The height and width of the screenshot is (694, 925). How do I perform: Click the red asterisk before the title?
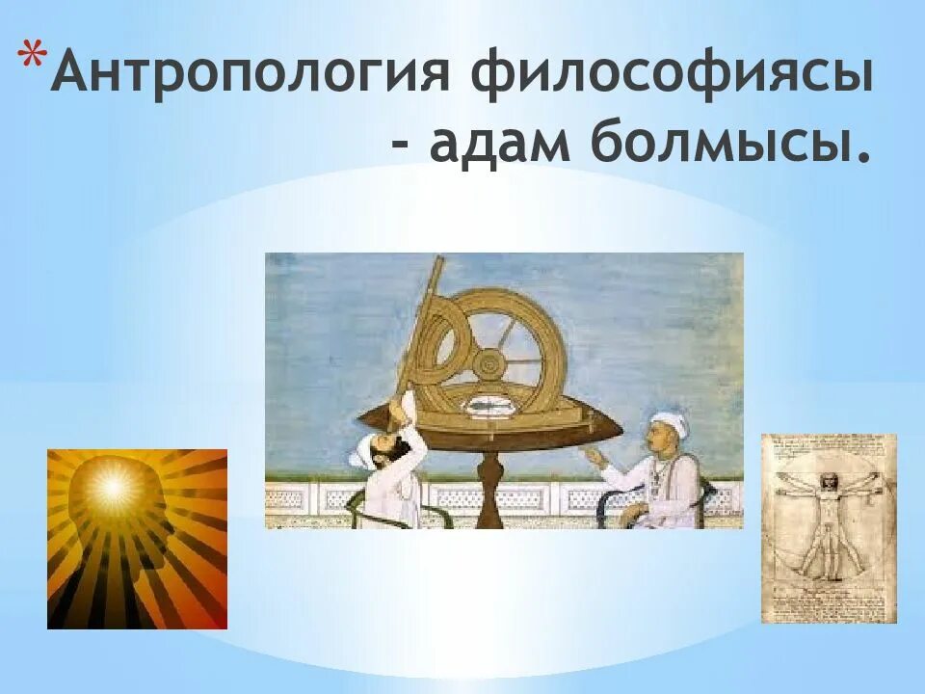click(33, 56)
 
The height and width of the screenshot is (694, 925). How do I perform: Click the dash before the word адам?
click(401, 144)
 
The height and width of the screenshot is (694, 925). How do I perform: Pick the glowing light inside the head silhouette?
click(112, 488)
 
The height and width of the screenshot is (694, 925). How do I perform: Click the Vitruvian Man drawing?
click(829, 528)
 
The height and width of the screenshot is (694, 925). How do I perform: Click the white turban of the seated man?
click(672, 422)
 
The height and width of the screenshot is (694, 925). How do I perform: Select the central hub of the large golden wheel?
click(489, 365)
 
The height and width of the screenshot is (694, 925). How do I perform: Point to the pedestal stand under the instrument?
click(489, 490)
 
